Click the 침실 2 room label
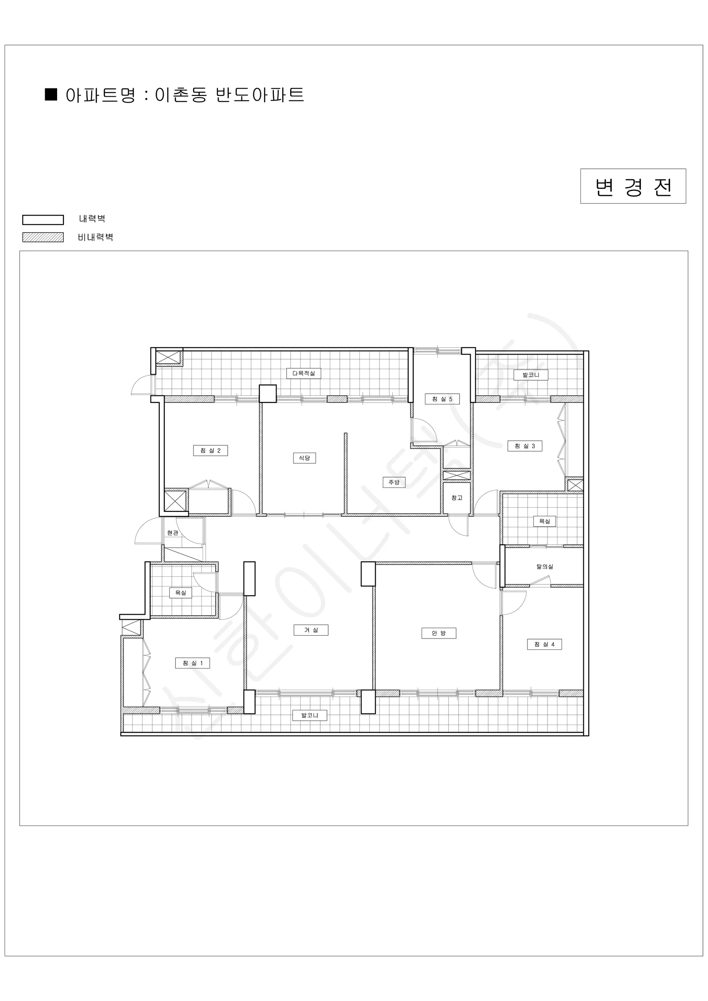click(x=210, y=450)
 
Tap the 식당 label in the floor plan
click(x=304, y=458)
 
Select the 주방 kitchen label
click(x=394, y=482)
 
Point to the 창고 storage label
click(x=457, y=498)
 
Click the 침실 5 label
click(x=442, y=399)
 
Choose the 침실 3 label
click(x=525, y=446)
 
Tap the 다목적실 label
click(x=304, y=373)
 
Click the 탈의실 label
click(x=545, y=567)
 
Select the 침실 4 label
click(x=545, y=644)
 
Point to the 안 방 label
click(x=439, y=633)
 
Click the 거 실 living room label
click(x=311, y=630)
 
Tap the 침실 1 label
click(x=192, y=663)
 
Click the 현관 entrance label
click(x=173, y=533)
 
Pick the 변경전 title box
click(x=633, y=186)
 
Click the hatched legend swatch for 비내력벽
click(x=43, y=237)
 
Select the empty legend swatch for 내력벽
click(x=43, y=220)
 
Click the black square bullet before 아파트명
click(x=51, y=95)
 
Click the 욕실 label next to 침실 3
click(x=545, y=521)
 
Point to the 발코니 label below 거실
click(x=309, y=715)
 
